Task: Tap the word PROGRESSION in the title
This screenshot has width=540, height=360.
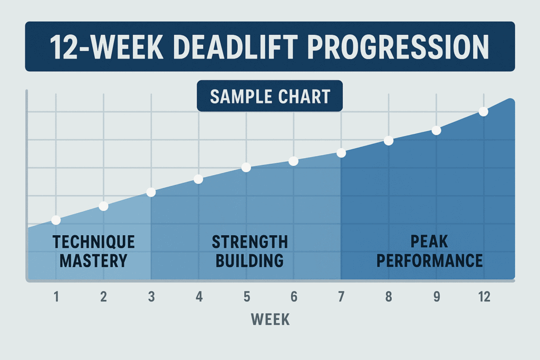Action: pos(398,47)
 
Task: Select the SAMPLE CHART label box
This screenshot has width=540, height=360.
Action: pos(269,96)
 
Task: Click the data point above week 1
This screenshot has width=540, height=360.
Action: pos(56,220)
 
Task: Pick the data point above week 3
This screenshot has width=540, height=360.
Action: pos(151,192)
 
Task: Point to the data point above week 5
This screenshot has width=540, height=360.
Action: pos(246,167)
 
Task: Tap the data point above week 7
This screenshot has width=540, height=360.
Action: pos(341,153)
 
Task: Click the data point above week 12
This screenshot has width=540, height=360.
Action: pos(484,112)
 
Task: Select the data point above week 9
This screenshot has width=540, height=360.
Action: pos(436,130)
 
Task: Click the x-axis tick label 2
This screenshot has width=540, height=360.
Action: pos(103,297)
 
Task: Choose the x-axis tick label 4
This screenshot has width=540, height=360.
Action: pos(199,297)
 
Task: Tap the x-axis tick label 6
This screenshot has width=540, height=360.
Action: pos(294,297)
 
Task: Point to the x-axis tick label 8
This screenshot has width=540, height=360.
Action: pos(389,297)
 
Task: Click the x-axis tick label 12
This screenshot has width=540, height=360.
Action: pos(484,297)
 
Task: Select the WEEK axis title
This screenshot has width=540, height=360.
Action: pos(270,319)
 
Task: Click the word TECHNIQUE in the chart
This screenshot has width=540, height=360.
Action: pos(94,242)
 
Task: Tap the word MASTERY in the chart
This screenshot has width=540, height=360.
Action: pos(94,261)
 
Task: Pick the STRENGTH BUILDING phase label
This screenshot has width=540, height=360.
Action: pos(249,251)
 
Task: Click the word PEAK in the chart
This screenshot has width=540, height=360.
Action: pos(429,241)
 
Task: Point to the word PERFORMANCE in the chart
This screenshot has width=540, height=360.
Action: pos(429,260)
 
